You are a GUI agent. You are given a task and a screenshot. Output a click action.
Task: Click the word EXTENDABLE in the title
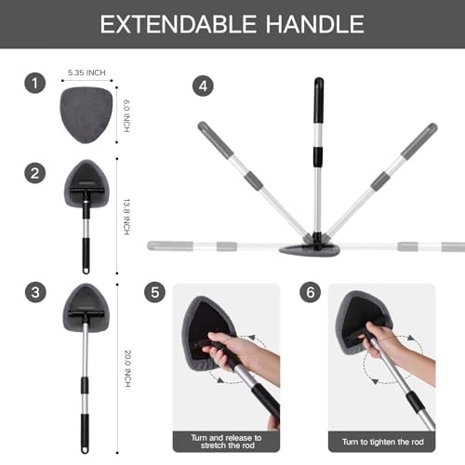point(178,24)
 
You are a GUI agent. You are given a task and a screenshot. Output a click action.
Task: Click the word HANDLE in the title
point(315,24)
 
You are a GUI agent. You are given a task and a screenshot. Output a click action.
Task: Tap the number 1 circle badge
point(35,83)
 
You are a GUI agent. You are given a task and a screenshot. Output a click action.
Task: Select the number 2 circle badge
point(35,173)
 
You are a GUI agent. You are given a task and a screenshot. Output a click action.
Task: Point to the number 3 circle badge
point(35,292)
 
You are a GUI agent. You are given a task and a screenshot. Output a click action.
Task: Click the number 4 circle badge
point(203,86)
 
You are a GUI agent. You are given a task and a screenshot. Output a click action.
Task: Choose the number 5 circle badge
point(155,292)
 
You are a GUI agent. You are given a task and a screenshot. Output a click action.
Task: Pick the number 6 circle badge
point(311,292)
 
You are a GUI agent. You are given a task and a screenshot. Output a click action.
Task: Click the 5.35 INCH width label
point(86,73)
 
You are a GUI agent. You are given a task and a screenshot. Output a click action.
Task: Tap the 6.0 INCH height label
point(126,116)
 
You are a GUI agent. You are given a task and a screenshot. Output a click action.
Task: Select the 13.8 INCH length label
point(126,217)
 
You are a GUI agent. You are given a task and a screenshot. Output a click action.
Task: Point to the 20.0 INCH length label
point(127,368)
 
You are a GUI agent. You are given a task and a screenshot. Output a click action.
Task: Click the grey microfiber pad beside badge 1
point(86,115)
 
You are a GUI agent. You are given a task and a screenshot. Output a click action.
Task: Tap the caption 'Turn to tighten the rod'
point(383,442)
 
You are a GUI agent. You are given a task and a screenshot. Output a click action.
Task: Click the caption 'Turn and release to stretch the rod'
point(227,442)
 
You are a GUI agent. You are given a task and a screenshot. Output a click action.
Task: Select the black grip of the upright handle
point(318,100)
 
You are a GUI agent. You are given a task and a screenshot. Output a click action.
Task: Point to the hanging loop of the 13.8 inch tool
point(86,270)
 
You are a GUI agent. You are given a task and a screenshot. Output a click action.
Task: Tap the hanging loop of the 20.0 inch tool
point(86,449)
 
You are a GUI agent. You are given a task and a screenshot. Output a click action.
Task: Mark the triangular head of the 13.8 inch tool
point(86,183)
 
